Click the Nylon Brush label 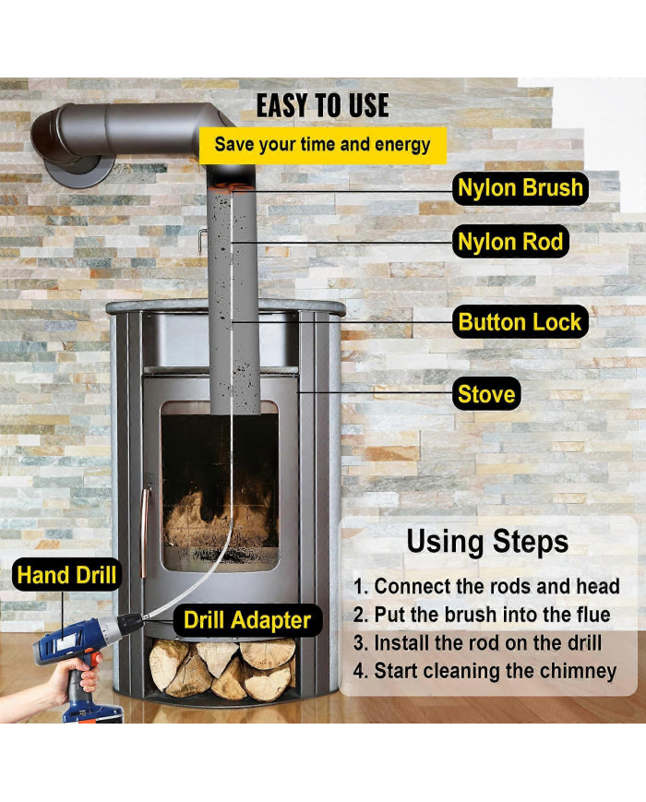point(520,188)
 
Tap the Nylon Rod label point(510,242)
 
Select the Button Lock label point(520,322)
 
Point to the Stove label point(486,394)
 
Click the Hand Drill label point(66,575)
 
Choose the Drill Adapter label point(247,620)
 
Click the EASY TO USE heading point(322,106)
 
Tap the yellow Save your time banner point(322,145)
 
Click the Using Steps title point(487,542)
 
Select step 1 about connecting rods point(486,586)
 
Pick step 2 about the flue point(482,615)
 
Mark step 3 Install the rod point(477,643)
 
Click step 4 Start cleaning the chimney point(484,671)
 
